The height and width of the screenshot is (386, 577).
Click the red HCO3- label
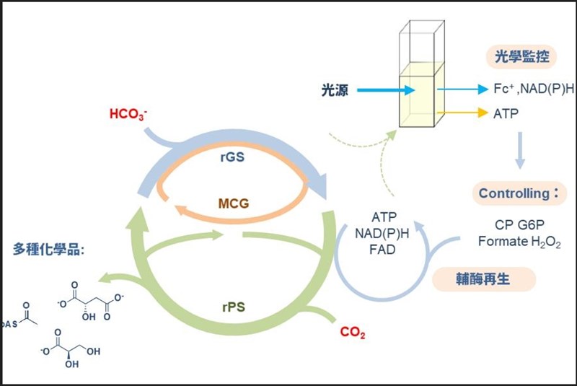[130, 115]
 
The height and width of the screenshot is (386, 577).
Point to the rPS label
[232, 306]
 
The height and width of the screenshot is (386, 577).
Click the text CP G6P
[519, 225]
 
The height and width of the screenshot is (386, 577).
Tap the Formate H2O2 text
[519, 242]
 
